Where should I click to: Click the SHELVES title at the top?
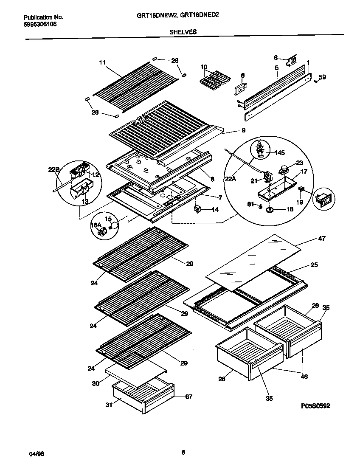(x=183, y=31)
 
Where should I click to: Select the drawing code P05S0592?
(x=315, y=406)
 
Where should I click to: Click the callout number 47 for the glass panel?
(x=322, y=239)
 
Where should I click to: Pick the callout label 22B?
(x=53, y=169)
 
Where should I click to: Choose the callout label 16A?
(x=96, y=225)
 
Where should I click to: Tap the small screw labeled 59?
(x=316, y=83)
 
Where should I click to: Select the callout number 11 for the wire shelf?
(x=102, y=62)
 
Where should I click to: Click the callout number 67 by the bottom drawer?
(x=189, y=397)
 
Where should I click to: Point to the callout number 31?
(x=109, y=405)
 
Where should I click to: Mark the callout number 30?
(x=96, y=383)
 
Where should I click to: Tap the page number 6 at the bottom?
(x=183, y=453)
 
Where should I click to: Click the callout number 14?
(x=216, y=209)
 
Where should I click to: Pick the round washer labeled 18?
(x=270, y=210)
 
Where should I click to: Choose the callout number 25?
(x=314, y=265)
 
